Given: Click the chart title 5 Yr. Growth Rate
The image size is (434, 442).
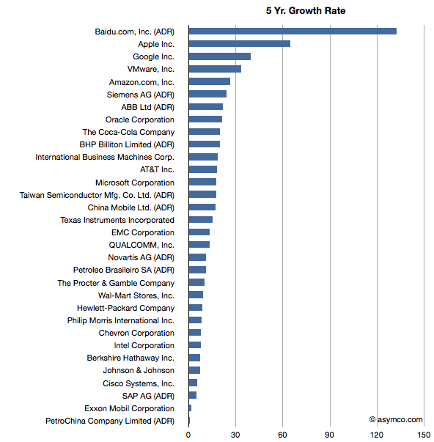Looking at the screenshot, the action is [306, 11].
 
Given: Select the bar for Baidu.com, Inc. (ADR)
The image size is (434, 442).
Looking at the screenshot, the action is [293, 32].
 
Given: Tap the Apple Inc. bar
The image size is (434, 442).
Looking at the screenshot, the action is [240, 44].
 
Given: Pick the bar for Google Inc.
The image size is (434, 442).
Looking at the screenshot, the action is [220, 56].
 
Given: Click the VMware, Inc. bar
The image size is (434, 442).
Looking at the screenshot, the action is [215, 69].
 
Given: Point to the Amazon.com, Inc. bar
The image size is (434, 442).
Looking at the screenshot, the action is [210, 81].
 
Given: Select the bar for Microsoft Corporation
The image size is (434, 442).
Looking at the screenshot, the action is [203, 182].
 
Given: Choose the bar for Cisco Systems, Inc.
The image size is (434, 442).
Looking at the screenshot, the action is [193, 383].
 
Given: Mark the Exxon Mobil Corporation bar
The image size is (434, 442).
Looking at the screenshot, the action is [190, 408].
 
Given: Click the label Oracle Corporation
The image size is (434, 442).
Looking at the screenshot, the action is [140, 119].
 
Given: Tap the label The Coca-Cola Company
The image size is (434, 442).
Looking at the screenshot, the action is [128, 132].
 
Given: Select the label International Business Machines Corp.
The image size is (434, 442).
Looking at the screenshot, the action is [105, 157].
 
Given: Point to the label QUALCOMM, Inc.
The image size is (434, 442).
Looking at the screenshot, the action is [141, 245].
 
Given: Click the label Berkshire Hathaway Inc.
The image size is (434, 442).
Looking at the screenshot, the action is [130, 358].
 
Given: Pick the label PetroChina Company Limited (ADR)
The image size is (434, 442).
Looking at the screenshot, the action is [110, 421].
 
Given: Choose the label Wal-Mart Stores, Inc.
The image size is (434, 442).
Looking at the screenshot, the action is [136, 295].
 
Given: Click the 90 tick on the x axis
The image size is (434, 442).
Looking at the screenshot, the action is [329, 435].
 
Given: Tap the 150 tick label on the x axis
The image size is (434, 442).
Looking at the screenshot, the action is [424, 435].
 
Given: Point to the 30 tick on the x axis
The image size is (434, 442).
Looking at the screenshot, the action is [235, 435].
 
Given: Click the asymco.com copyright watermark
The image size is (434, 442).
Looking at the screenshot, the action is [396, 420].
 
